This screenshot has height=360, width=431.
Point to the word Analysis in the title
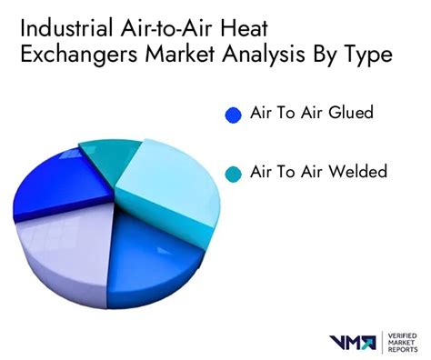pos(290,55)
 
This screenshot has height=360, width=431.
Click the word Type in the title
pos(367,55)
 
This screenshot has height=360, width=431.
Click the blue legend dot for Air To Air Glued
pos(233,115)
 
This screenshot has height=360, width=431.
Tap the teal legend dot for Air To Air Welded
pos(233,173)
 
